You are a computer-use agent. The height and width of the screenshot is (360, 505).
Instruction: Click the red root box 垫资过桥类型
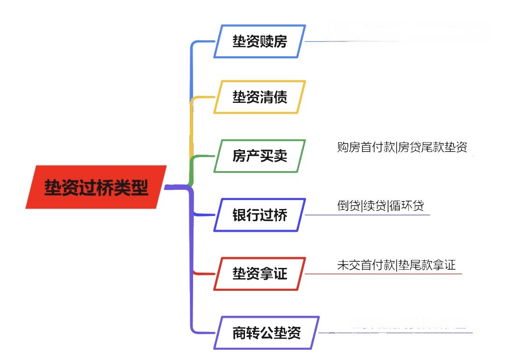pos(96,187)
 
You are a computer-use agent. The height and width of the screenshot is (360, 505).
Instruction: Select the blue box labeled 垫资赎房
pos(260,42)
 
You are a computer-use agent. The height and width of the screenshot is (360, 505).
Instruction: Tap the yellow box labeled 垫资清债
pos(260,97)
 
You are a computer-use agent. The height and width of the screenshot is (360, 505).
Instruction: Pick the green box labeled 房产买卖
pos(260,156)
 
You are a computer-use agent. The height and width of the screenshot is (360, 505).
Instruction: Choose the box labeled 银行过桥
pos(260,215)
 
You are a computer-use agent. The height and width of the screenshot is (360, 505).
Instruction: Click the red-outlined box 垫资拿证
pos(260,274)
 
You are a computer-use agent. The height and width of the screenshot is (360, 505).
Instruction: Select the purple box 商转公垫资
pos(267,333)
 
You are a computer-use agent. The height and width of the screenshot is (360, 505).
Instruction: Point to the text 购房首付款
pos(366,147)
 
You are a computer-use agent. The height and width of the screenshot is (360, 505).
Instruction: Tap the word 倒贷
pos(349,205)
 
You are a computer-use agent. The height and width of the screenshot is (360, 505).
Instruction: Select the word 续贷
pos(375,205)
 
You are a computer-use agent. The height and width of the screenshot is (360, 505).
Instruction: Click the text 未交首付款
pos(366,265)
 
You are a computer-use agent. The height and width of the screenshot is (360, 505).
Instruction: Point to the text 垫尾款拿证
pos(426,265)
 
